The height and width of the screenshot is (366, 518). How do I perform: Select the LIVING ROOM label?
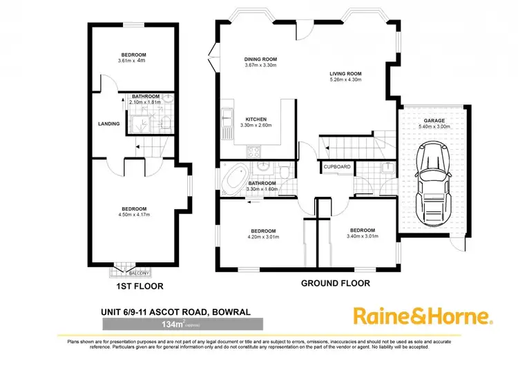(345, 73)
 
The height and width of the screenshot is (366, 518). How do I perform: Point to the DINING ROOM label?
(260, 59)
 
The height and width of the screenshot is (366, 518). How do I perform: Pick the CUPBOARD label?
(337, 166)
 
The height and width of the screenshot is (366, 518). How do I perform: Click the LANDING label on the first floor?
(109, 124)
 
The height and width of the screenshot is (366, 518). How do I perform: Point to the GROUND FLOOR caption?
(336, 283)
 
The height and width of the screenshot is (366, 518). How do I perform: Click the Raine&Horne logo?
(423, 316)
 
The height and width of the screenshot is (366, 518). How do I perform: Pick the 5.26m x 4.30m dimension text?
(345, 80)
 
